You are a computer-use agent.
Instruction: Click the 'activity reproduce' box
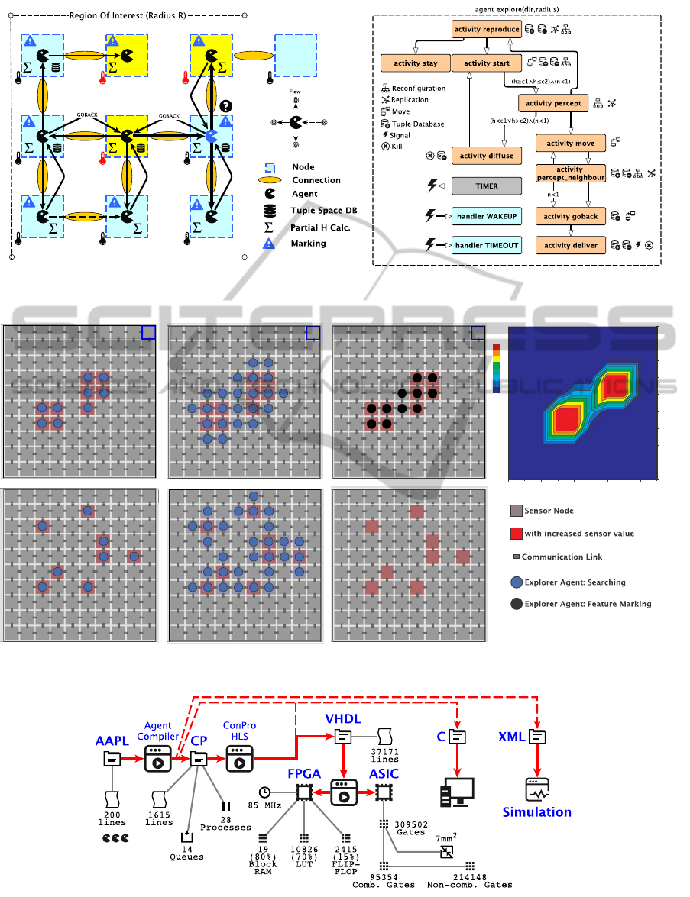486,30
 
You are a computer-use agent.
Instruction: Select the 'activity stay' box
415,63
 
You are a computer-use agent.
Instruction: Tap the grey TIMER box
486,186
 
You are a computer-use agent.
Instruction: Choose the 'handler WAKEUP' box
486,216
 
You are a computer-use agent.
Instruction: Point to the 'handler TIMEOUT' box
486,245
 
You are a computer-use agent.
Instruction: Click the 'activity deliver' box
571,245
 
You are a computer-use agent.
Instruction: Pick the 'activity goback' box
571,216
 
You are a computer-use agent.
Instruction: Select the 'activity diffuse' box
486,156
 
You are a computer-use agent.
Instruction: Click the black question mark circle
225,106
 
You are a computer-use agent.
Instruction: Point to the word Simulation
536,811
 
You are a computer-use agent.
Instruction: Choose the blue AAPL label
112,741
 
